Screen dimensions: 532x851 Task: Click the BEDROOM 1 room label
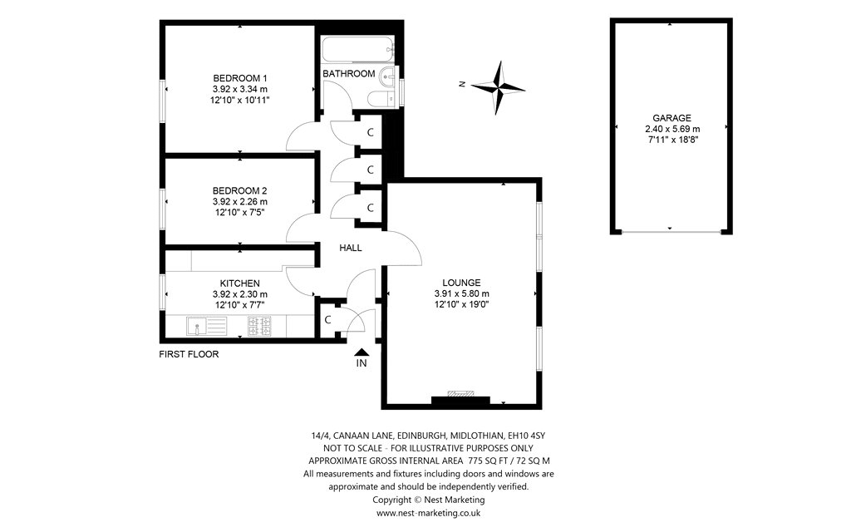pyautogui.click(x=240, y=77)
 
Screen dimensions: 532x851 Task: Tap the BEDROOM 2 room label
pyautogui.click(x=240, y=190)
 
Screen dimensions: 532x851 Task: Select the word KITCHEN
pyautogui.click(x=240, y=283)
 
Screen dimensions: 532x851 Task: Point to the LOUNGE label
pyautogui.click(x=461, y=282)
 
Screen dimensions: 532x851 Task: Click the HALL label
pyautogui.click(x=351, y=248)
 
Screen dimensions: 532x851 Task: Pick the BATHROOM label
pyautogui.click(x=349, y=73)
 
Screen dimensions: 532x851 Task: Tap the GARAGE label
pyautogui.click(x=672, y=118)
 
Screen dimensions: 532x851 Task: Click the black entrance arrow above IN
pyautogui.click(x=362, y=352)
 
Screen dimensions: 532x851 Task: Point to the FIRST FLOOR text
pyautogui.click(x=189, y=354)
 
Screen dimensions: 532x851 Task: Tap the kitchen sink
pyautogui.click(x=196, y=325)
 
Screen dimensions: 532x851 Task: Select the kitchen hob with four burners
pyautogui.click(x=259, y=325)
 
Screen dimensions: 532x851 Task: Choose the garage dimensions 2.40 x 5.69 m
pyautogui.click(x=672, y=129)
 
